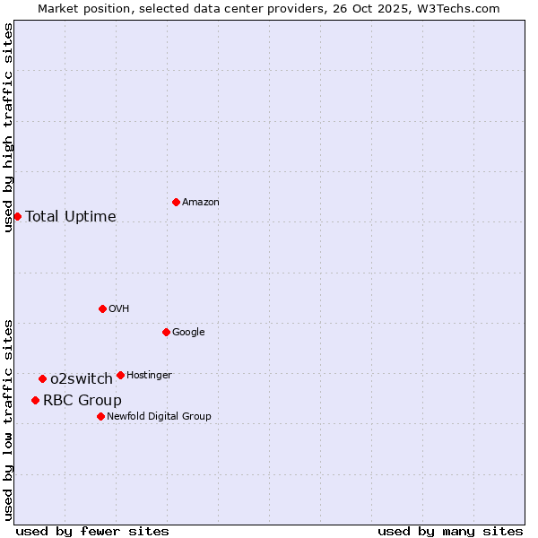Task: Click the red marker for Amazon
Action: pyautogui.click(x=176, y=202)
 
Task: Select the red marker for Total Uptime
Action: pyautogui.click(x=17, y=216)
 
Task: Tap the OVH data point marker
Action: pyautogui.click(x=102, y=308)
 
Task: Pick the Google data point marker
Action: pyautogui.click(x=166, y=332)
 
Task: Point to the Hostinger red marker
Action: pyautogui.click(x=120, y=375)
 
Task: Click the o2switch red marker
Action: pyautogui.click(x=42, y=378)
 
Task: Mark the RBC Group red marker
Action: pyautogui.click(x=35, y=400)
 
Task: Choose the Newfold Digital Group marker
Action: pyautogui.click(x=100, y=416)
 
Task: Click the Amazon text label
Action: pyautogui.click(x=201, y=203)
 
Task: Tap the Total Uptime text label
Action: pyautogui.click(x=71, y=216)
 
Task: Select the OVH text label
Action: pyautogui.click(x=119, y=309)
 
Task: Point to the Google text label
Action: pyautogui.click(x=188, y=333)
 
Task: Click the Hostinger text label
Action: pyautogui.click(x=149, y=375)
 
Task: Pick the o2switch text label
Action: pyautogui.click(x=82, y=378)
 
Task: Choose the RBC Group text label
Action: pyautogui.click(x=82, y=400)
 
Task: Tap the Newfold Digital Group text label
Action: pyautogui.click(x=159, y=416)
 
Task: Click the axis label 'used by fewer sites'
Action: pyautogui.click(x=92, y=531)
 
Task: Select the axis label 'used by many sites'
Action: pyautogui.click(x=450, y=531)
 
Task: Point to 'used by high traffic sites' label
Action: pyautogui.click(x=8, y=127)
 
